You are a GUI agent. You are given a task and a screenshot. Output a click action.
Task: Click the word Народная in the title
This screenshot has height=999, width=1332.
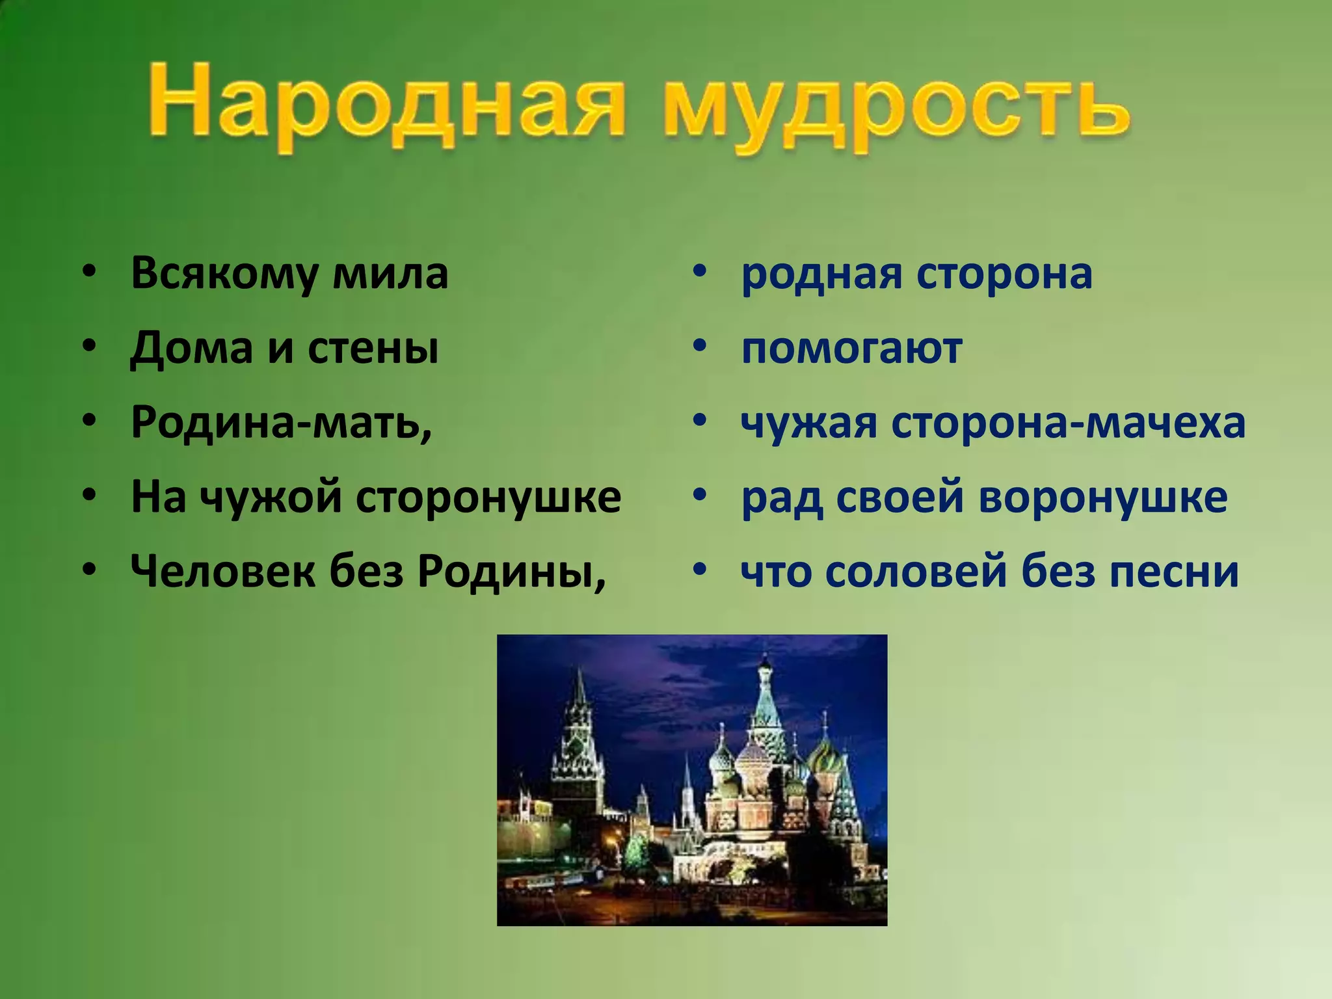(384, 104)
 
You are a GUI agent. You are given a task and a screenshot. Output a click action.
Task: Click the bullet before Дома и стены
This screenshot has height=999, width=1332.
(89, 348)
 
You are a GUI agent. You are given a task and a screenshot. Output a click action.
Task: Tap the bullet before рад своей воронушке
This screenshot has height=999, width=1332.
(699, 497)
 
